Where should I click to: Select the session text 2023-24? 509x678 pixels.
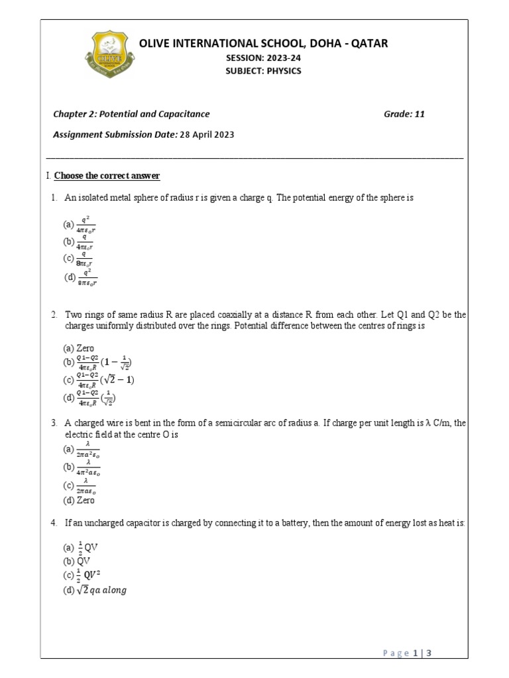278,58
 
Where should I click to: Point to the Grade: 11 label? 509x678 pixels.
404,114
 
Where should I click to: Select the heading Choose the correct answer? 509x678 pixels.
107,176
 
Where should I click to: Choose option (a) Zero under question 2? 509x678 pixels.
79,348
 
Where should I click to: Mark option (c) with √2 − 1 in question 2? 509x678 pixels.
99,380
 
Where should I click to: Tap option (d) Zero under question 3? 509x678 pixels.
79,501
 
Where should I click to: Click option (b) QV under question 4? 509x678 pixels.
77,560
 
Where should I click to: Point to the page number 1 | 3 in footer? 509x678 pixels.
422,654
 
